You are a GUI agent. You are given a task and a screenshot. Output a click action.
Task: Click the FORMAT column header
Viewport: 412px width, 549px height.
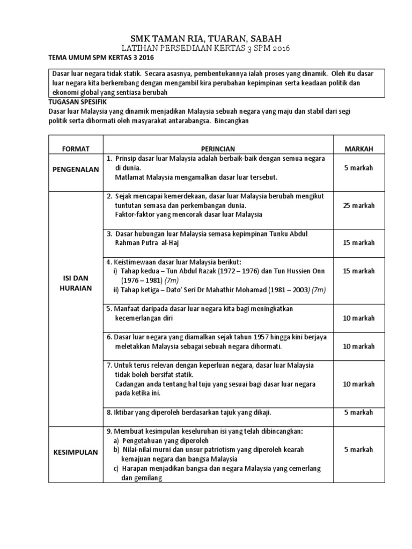point(76,149)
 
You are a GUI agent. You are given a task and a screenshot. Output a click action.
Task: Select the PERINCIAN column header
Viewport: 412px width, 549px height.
point(218,149)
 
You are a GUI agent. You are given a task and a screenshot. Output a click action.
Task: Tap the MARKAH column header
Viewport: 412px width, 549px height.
point(359,149)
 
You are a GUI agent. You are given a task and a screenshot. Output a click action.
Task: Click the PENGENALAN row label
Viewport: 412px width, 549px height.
point(76,169)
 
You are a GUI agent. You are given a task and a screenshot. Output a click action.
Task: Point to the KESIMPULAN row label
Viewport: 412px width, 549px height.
point(76,452)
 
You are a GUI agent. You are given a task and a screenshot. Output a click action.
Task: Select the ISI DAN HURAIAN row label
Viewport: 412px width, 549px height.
point(76,283)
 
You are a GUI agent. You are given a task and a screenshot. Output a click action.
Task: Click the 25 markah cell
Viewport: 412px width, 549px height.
point(359,205)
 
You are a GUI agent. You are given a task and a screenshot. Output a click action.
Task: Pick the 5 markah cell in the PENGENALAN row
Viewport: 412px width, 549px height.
point(359,168)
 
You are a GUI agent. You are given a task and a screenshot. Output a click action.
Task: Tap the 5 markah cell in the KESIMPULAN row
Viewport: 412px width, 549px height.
point(359,449)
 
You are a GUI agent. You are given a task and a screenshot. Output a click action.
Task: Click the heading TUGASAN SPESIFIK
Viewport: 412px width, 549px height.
point(78,101)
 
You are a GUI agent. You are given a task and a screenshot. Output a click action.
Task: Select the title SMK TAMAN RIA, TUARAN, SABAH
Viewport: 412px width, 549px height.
point(206,38)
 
